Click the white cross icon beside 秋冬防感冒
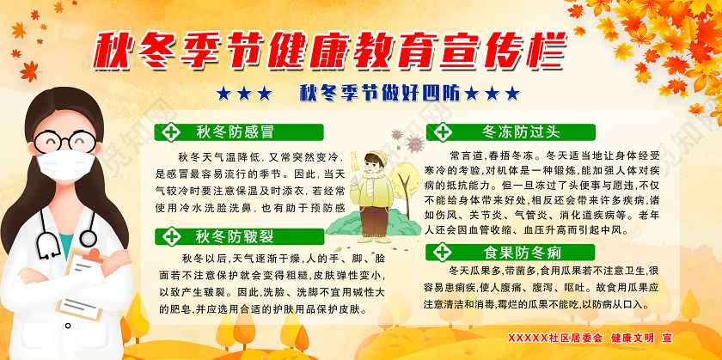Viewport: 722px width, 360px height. (x=172, y=132)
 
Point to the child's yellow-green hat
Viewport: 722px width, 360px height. (x=375, y=157)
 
